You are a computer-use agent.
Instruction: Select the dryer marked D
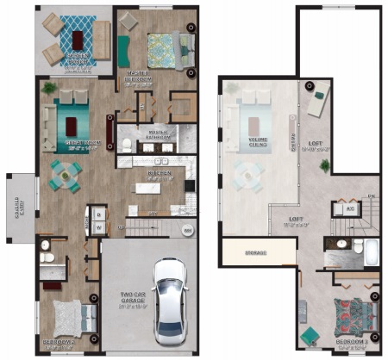pos(99,214)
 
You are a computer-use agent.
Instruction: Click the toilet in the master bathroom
pos(126,144)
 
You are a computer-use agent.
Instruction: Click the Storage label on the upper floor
pos(253,253)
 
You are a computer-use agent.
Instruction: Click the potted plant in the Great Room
pos(49,89)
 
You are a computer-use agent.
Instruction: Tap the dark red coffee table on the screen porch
pos(78,38)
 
